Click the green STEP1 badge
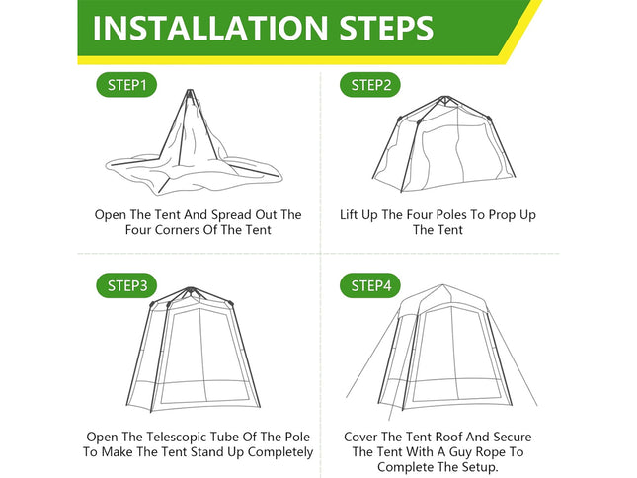tap(129, 85)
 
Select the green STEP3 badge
tap(129, 286)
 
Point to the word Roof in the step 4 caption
tap(460, 436)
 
